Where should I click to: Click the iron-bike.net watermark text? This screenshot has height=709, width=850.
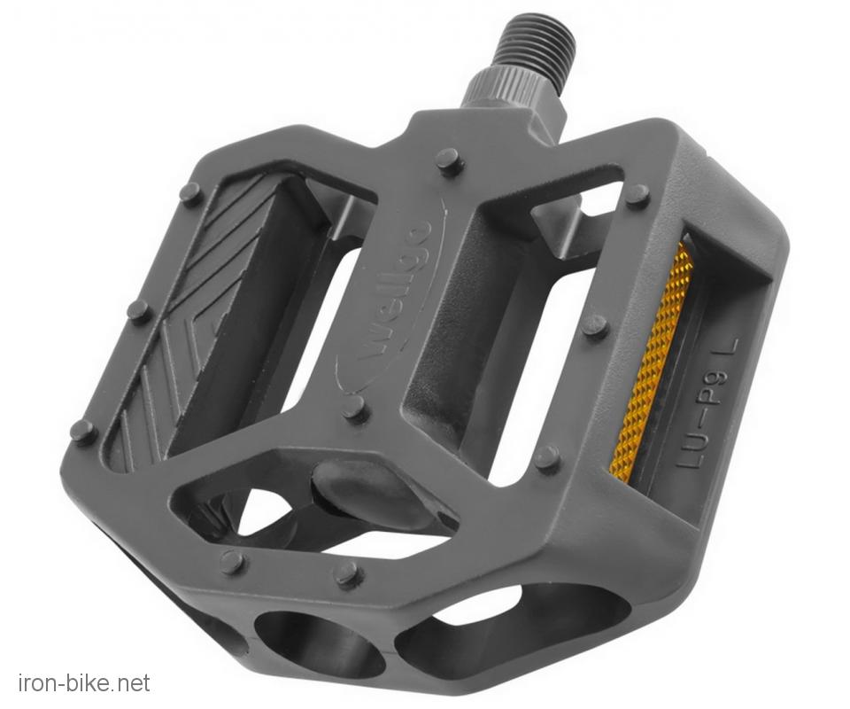point(85,682)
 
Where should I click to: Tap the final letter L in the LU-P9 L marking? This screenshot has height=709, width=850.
point(729,349)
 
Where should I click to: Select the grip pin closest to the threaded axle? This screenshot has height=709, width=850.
point(450,161)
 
